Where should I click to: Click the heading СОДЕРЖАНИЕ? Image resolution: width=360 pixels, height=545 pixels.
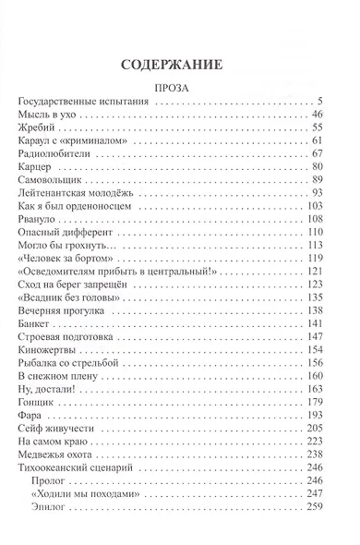[179, 66]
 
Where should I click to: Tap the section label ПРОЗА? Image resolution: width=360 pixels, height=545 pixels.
[180, 90]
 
